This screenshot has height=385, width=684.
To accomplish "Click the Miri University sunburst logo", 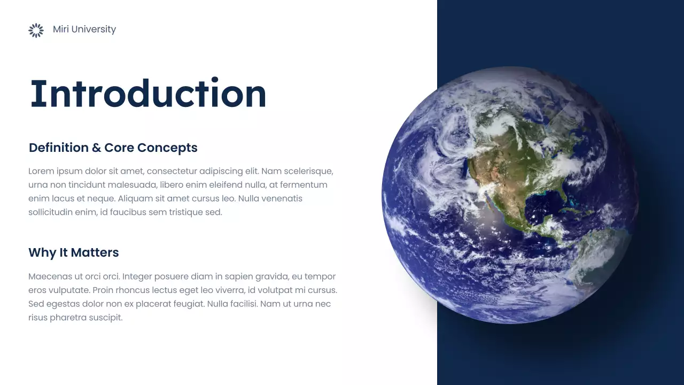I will pos(36,30).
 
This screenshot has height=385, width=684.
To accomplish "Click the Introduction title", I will pos(148,94).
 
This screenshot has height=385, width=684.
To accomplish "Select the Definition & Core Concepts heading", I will pos(113,148).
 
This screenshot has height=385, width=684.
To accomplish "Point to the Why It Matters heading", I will pos(74,252).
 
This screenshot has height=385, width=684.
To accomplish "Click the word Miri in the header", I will pos(61,29).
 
